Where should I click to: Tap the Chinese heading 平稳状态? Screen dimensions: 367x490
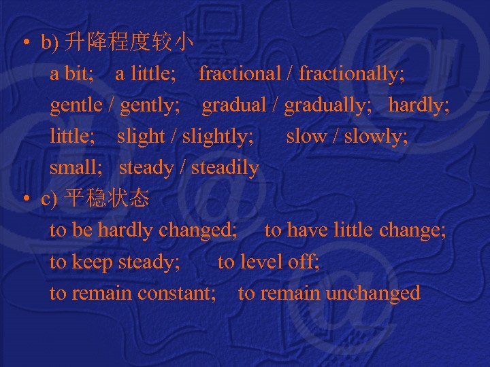point(106,199)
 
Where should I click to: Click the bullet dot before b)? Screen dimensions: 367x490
point(25,44)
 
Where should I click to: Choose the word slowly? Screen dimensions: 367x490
point(375,137)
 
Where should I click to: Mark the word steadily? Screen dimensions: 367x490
point(225,167)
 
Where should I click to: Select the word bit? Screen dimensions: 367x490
point(78,73)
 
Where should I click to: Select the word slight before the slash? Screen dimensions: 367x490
point(140,137)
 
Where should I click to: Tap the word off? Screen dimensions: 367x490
point(304,262)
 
